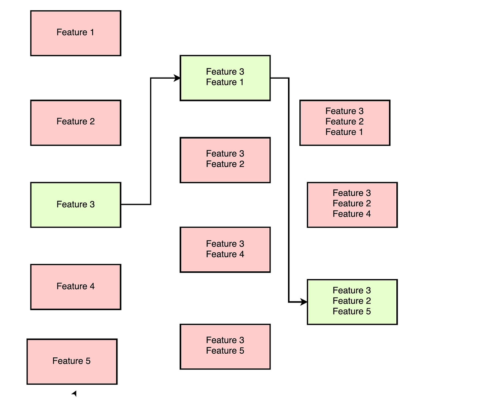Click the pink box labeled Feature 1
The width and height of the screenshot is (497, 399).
[75, 33]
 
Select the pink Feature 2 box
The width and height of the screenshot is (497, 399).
[75, 123]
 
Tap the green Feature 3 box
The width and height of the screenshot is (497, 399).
[75, 205]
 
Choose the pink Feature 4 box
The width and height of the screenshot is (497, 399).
[75, 287]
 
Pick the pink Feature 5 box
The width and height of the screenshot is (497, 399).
[72, 361]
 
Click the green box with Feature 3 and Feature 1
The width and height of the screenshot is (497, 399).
[225, 78]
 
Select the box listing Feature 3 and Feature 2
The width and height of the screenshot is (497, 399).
[225, 160]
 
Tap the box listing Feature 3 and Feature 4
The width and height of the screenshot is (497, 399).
[225, 249]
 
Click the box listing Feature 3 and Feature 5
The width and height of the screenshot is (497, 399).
[225, 346]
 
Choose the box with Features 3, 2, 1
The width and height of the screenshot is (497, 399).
[345, 123]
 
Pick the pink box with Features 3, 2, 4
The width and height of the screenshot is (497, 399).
[352, 205]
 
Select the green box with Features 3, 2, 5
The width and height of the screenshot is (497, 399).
[352, 302]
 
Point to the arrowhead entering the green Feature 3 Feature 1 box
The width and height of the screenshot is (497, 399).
[177, 78]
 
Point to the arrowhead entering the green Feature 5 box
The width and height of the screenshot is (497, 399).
[304, 302]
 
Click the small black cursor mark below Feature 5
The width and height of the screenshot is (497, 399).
[74, 394]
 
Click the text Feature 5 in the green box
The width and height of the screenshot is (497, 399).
[352, 312]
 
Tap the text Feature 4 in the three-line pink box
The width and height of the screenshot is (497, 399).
[352, 214]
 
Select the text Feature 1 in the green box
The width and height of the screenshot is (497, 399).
[225, 82]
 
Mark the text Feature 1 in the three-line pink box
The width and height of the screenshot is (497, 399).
[344, 132]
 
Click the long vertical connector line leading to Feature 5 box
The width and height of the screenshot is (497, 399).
[289, 190]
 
